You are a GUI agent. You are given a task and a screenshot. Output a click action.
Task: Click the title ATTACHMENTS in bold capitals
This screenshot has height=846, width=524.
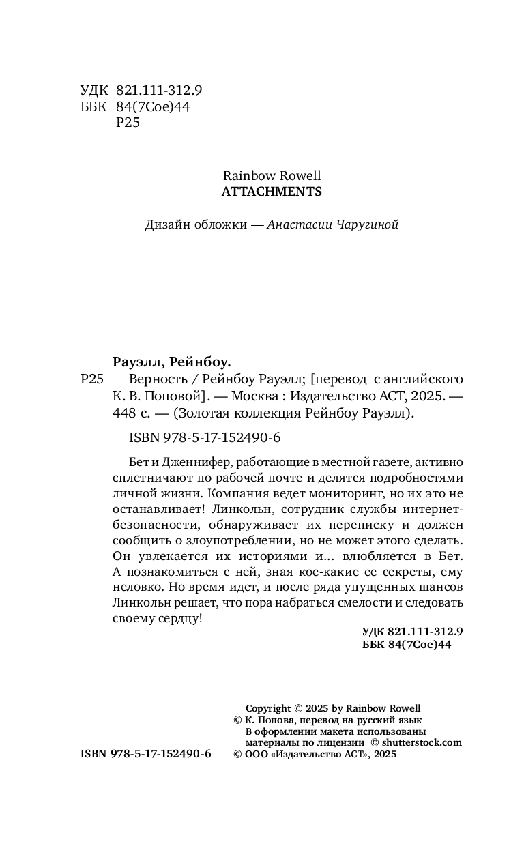[x=272, y=192]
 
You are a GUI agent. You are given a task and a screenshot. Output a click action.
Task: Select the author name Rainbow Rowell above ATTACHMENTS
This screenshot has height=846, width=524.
[x=272, y=176]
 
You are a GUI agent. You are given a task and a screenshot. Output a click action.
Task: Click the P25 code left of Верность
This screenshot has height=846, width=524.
[x=91, y=379]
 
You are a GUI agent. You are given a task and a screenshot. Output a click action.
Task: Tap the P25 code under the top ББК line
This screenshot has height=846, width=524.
[x=128, y=123]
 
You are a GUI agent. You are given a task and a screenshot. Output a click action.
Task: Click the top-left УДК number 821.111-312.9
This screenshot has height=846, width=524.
[x=159, y=90]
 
